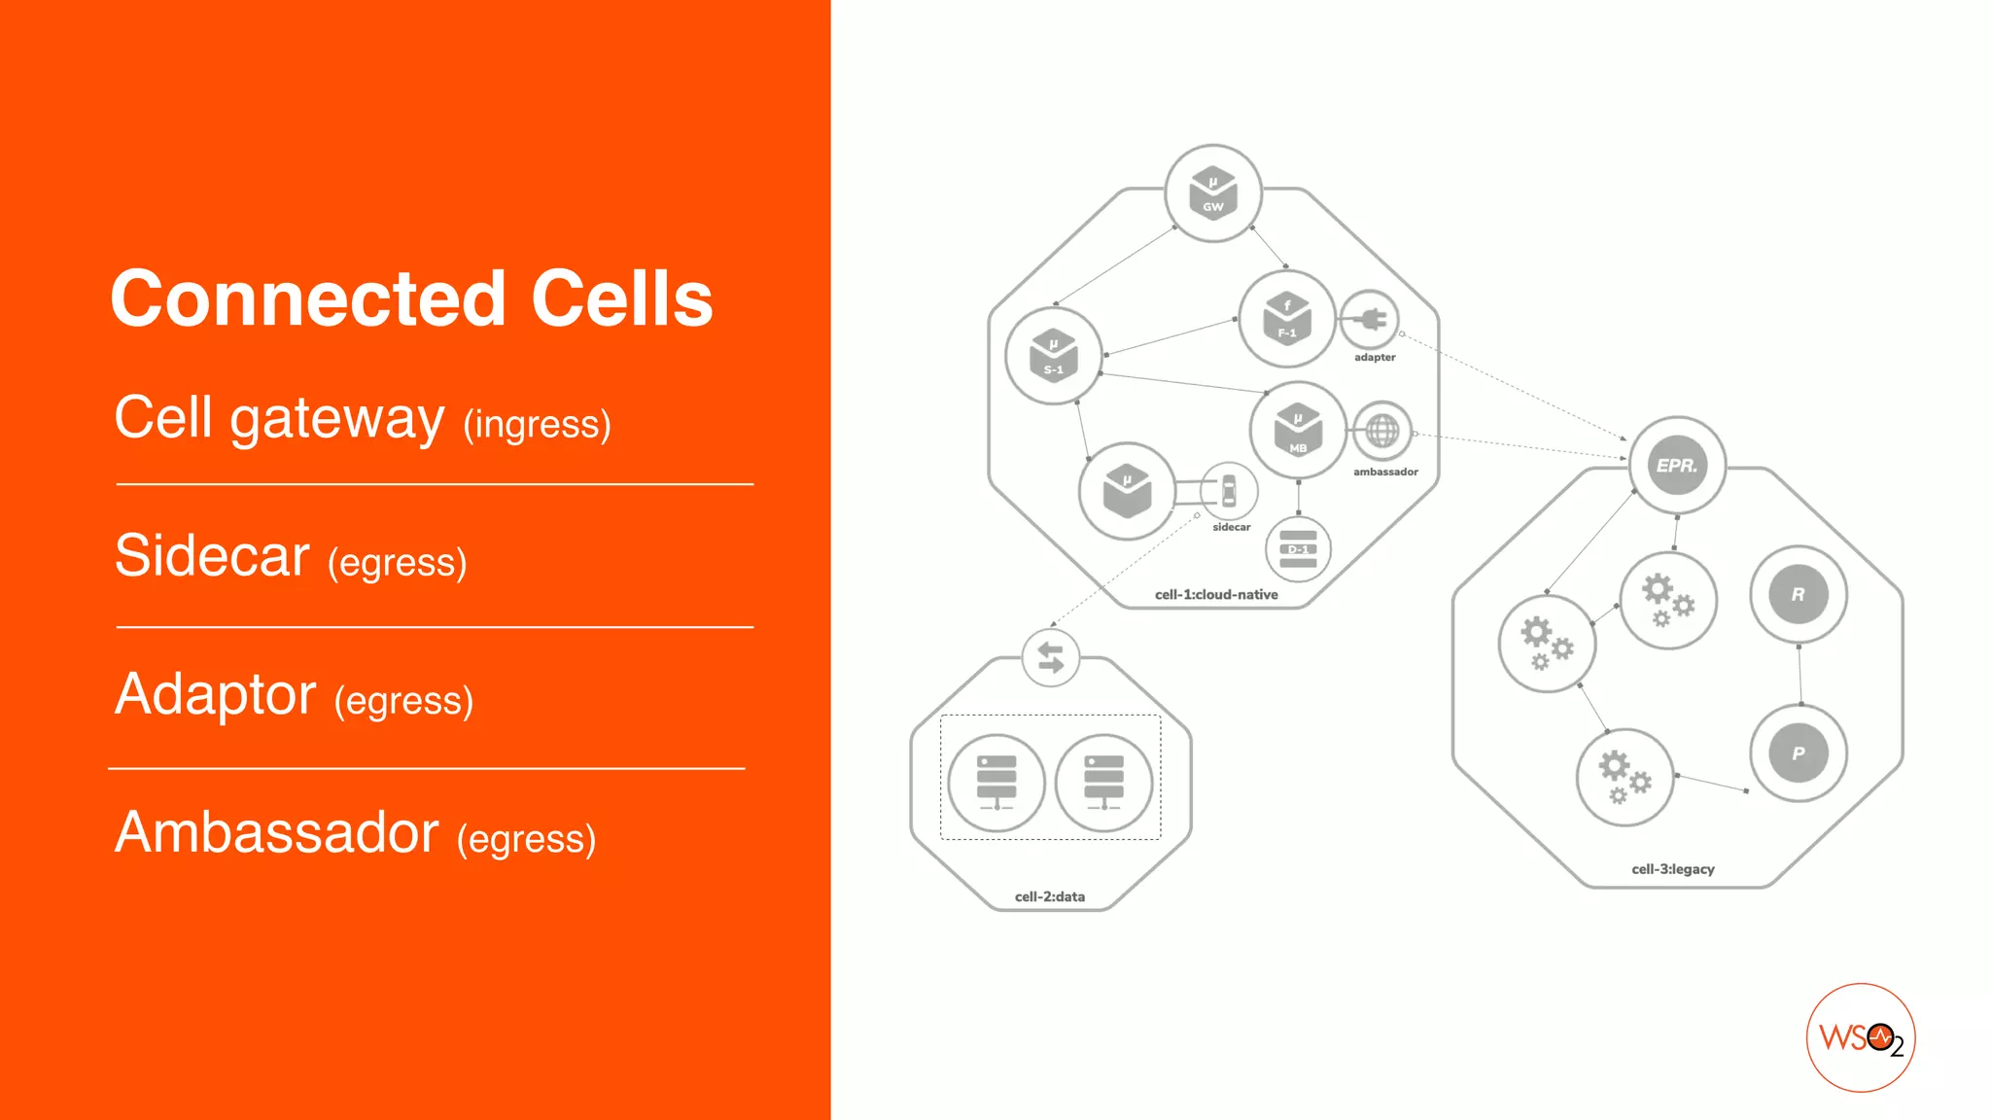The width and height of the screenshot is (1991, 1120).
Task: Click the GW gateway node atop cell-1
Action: pyautogui.click(x=1213, y=193)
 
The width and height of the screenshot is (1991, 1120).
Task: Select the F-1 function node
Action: pyautogui.click(x=1287, y=319)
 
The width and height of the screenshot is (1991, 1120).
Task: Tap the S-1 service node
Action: pyautogui.click(x=1054, y=356)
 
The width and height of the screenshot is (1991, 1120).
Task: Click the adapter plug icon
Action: pyautogui.click(x=1370, y=319)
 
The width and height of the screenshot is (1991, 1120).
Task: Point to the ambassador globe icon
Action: pyautogui.click(x=1381, y=431)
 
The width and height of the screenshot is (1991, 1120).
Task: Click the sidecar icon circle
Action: pyautogui.click(x=1229, y=491)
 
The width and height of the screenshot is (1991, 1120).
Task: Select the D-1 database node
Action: pyautogui.click(x=1298, y=549)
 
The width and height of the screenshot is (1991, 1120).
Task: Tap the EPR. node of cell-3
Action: pyautogui.click(x=1677, y=466)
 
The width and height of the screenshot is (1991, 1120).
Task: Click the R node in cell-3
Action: pyautogui.click(x=1799, y=594)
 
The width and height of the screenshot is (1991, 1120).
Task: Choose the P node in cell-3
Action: pyautogui.click(x=1799, y=753)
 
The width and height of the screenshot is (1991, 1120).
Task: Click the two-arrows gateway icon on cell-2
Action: pyautogui.click(x=1051, y=658)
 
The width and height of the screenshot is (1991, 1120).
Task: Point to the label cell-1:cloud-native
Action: pyautogui.click(x=1216, y=595)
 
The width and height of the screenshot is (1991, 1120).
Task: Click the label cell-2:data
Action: pyautogui.click(x=1050, y=896)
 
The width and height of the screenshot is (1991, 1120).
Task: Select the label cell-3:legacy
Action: pyautogui.click(x=1672, y=869)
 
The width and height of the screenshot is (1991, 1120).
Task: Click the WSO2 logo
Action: pyautogui.click(x=1861, y=1038)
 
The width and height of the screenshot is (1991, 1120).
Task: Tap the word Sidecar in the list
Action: pyautogui.click(x=212, y=556)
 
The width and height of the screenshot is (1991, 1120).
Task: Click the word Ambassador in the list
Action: pyautogui.click(x=277, y=833)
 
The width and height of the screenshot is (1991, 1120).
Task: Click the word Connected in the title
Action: pyautogui.click(x=308, y=298)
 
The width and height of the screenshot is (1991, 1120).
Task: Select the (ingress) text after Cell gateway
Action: pyautogui.click(x=537, y=425)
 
